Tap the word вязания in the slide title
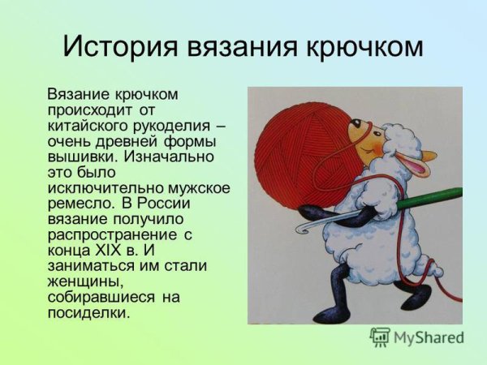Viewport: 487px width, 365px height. [x=239, y=46]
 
